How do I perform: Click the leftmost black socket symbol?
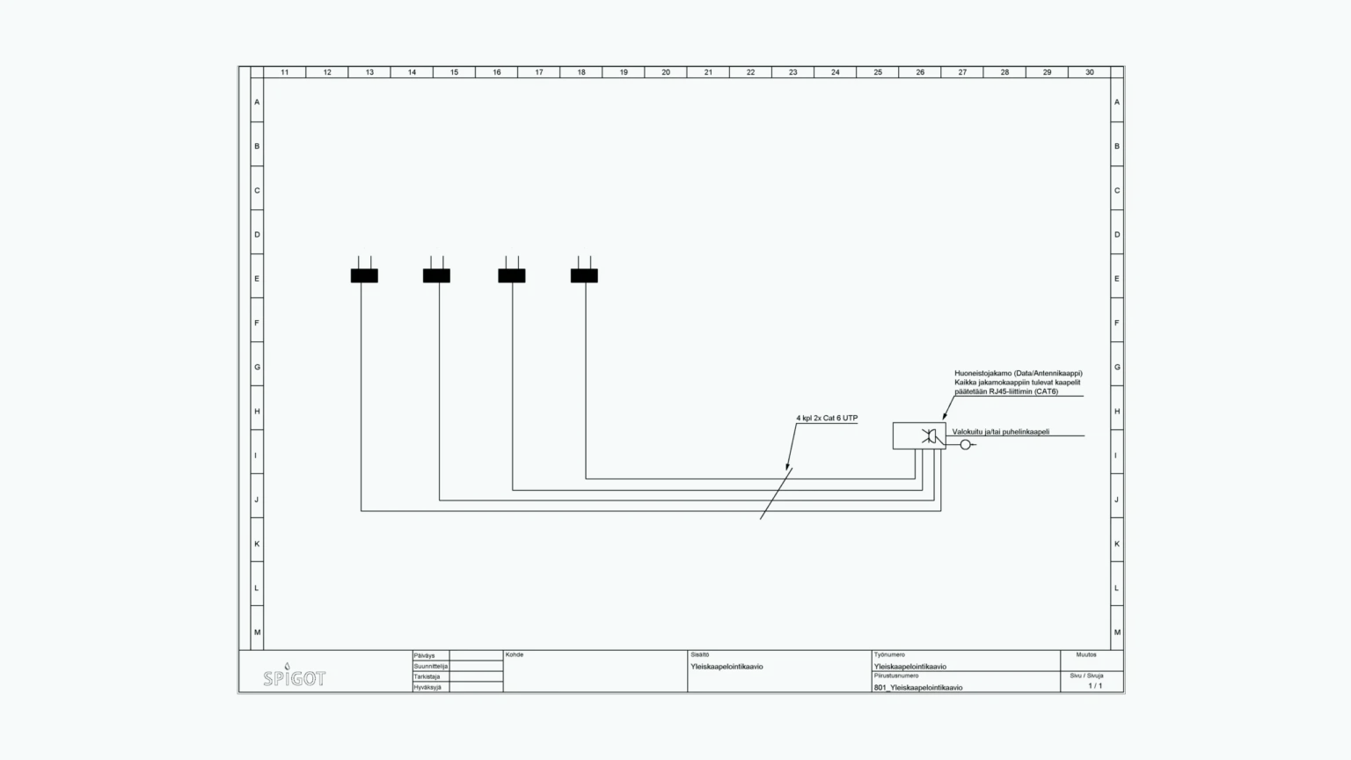coord(364,275)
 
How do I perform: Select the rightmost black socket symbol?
coord(584,275)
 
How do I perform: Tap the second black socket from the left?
coord(436,275)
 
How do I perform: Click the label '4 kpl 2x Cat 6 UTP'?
coord(827,418)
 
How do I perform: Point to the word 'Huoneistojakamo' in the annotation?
coord(982,373)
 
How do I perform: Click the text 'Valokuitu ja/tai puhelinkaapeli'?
coord(1000,432)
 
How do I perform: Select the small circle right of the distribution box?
coord(965,445)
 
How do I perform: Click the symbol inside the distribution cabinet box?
coord(929,436)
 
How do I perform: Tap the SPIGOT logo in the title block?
coord(294,677)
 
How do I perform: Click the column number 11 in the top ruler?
coord(284,72)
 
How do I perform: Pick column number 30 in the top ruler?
coord(1089,72)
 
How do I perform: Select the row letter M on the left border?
coord(257,632)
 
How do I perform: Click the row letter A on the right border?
coord(1117,102)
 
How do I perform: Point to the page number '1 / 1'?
coord(1095,686)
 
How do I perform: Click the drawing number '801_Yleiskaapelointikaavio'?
coord(918,688)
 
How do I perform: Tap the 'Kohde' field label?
coord(515,655)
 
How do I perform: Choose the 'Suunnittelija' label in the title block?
coord(430,667)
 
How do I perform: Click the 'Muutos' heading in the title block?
coord(1086,655)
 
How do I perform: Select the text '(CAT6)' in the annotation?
coord(1046,391)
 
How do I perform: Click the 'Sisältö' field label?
coord(700,655)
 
